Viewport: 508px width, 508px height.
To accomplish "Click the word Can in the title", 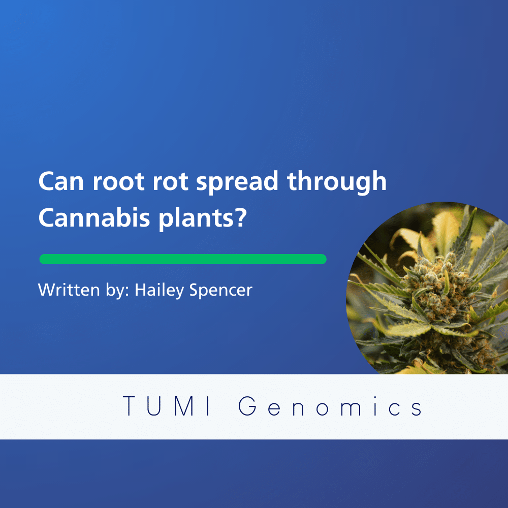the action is pyautogui.click(x=61, y=181).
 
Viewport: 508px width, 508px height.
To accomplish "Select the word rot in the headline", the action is pyautogui.click(x=170, y=181).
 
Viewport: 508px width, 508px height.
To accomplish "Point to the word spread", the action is pyautogui.click(x=237, y=183).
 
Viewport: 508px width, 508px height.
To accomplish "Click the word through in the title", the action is pyautogui.click(x=337, y=182).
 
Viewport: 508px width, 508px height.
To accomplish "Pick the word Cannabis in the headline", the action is pyautogui.click(x=94, y=217).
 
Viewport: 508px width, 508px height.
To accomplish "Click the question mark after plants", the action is pyautogui.click(x=241, y=217).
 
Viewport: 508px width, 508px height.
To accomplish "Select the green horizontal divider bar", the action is pyautogui.click(x=183, y=259).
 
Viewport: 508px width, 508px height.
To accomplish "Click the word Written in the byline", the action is pyautogui.click(x=69, y=290).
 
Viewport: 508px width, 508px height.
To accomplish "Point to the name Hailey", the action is pyautogui.click(x=160, y=290).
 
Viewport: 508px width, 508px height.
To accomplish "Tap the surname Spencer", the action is pyautogui.click(x=220, y=290).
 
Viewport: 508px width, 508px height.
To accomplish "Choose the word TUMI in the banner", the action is pyautogui.click(x=167, y=406).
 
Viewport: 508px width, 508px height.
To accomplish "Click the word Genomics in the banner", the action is pyautogui.click(x=330, y=406).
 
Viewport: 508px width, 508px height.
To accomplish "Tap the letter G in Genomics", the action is pyautogui.click(x=248, y=406).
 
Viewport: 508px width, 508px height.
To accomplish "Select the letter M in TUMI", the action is pyautogui.click(x=185, y=406).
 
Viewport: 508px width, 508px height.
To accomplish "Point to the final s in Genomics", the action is pyautogui.click(x=417, y=409).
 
